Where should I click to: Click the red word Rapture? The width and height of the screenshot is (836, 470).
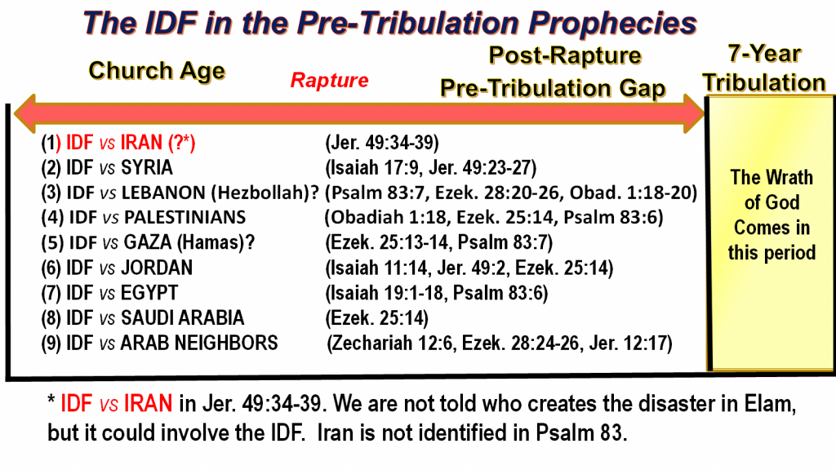pos(330,81)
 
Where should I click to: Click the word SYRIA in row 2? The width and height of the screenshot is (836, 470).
pos(147,168)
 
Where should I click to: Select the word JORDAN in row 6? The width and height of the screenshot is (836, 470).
pos(157,268)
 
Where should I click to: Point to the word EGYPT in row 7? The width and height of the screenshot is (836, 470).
pos(149,293)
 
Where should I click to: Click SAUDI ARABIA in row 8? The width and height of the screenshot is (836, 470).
pos(182,317)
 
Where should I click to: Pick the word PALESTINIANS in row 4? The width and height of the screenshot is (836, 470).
pos(185,217)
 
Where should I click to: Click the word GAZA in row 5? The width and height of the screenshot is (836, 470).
pos(148,242)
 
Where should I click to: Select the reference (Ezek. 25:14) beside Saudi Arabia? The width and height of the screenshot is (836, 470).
pos(377,318)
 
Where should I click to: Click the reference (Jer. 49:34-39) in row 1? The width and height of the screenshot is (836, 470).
pos(382,143)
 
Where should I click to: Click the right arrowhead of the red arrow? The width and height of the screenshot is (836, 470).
pos(694,113)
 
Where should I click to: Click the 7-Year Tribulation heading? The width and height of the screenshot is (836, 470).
pos(764,69)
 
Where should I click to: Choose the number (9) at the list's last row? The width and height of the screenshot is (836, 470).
pos(51,344)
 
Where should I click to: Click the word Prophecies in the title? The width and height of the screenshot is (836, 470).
pos(613,24)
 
